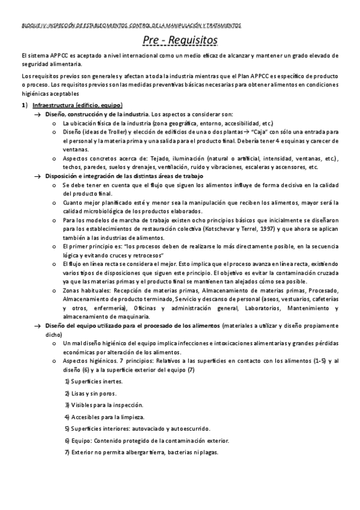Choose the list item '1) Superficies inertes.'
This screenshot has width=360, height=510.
pyautogui.click(x=94, y=382)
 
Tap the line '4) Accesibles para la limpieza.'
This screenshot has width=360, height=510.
pyautogui.click(x=104, y=417)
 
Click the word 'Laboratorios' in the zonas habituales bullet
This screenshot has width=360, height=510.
pyautogui.click(x=263, y=309)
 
